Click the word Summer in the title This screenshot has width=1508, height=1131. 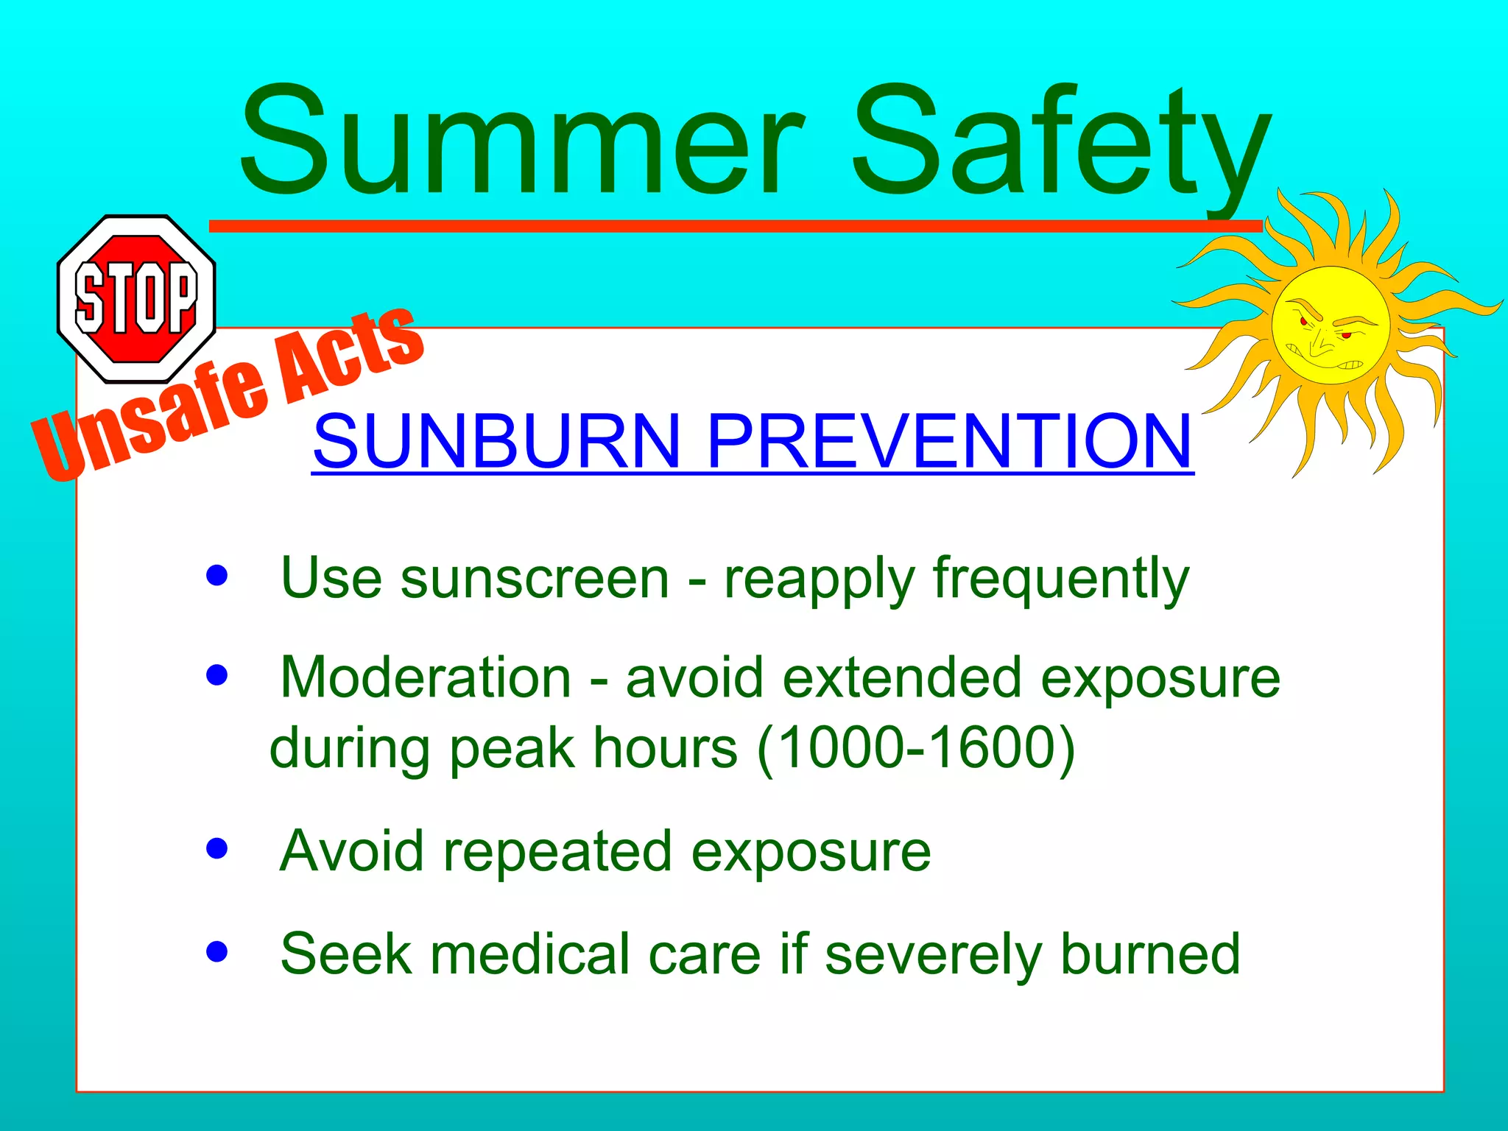523,144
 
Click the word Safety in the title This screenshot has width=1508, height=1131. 1060,144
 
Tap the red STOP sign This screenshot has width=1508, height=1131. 136,298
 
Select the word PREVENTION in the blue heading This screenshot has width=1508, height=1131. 950,442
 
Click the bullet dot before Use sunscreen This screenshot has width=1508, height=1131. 217,575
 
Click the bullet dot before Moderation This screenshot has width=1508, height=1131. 217,674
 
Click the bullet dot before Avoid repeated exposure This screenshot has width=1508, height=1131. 217,848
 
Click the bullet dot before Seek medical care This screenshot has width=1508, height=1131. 217,951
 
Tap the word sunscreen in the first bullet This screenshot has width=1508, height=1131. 535,579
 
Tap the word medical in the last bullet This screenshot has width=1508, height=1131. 530,954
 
